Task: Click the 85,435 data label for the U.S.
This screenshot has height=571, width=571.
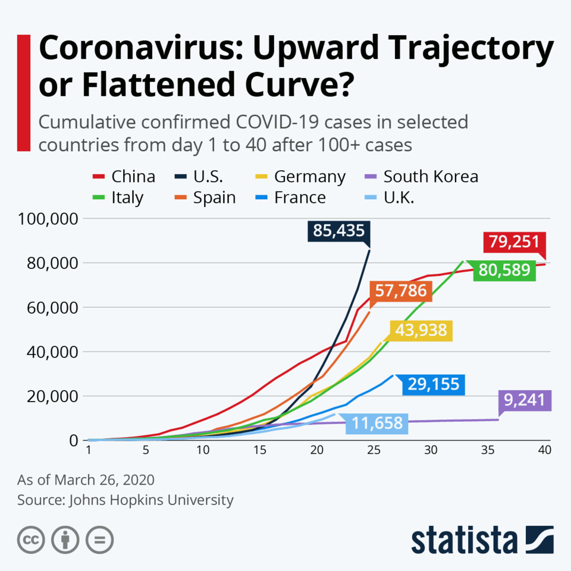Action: click(338, 231)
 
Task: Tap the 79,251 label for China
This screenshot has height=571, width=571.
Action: click(514, 242)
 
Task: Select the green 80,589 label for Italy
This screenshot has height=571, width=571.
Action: click(504, 270)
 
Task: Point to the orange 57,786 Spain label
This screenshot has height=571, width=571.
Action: click(401, 291)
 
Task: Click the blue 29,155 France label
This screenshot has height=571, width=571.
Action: click(434, 384)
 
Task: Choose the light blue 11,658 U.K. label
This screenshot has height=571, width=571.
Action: click(377, 424)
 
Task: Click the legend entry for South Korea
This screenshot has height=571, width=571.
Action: click(431, 177)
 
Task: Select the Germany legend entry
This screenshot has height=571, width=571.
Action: click(309, 177)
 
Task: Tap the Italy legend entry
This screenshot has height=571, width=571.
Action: click(127, 197)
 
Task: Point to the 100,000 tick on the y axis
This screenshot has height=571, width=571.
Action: click(49, 219)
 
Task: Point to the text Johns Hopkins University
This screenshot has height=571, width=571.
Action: click(152, 500)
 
